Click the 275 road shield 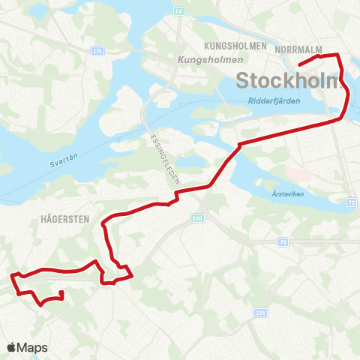point(97,50)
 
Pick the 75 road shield point(283,241)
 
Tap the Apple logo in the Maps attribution point(12,346)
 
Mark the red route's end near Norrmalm point(300,66)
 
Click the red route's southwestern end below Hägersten point(61,292)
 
